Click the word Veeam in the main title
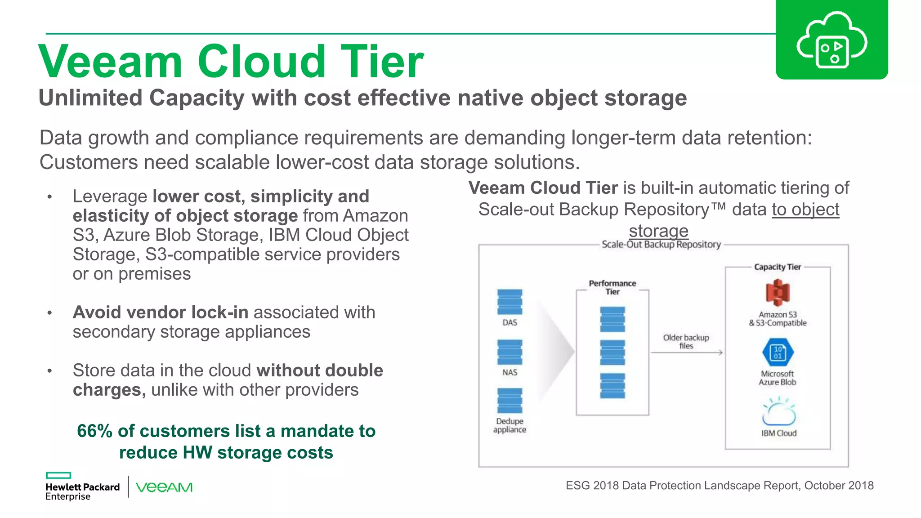[x=110, y=62]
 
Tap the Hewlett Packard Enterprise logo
[x=82, y=487]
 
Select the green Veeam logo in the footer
[x=164, y=487]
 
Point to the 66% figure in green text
[x=94, y=431]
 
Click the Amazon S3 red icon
[x=778, y=293]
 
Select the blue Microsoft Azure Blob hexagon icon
[x=778, y=352]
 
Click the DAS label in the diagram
[x=510, y=323]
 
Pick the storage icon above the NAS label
[x=510, y=352]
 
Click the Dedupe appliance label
[x=510, y=425]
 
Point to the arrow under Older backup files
[x=686, y=353]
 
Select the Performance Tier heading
[x=613, y=287]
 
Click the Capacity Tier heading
[x=778, y=267]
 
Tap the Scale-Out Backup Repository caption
[x=661, y=245]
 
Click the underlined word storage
[x=658, y=231]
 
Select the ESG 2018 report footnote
[x=719, y=486]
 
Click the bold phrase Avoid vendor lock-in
[x=161, y=313]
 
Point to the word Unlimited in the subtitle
[x=90, y=98]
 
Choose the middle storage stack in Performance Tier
[x=613, y=352]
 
